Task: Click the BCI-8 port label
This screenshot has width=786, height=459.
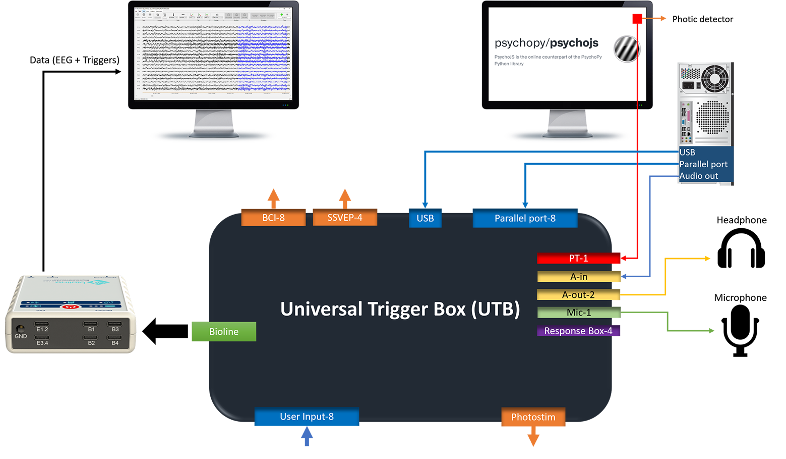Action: (273, 218)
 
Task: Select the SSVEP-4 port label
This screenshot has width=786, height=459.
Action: (345, 218)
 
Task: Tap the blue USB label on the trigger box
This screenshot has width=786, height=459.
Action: (425, 218)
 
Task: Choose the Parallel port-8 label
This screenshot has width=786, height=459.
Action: (525, 218)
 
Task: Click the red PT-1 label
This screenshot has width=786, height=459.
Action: (578, 258)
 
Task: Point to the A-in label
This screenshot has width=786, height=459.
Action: (579, 277)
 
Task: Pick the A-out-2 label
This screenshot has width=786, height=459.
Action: (578, 294)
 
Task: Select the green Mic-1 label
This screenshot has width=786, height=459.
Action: (578, 313)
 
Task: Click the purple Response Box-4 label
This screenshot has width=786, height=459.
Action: (578, 331)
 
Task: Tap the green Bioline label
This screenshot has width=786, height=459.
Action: (224, 331)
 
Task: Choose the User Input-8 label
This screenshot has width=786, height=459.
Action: (307, 417)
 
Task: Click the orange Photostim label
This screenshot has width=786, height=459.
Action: (533, 417)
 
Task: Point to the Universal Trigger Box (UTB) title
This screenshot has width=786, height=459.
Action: (400, 309)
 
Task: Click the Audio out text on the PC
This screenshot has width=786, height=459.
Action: (698, 176)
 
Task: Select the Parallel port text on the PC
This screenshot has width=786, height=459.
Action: (703, 164)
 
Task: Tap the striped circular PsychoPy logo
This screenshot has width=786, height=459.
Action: (627, 49)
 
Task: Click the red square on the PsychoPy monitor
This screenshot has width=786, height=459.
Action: (637, 19)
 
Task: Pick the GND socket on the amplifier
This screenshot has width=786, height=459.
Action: (21, 328)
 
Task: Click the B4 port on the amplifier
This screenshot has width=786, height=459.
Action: (115, 338)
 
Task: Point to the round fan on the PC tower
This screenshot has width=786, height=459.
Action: (715, 78)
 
